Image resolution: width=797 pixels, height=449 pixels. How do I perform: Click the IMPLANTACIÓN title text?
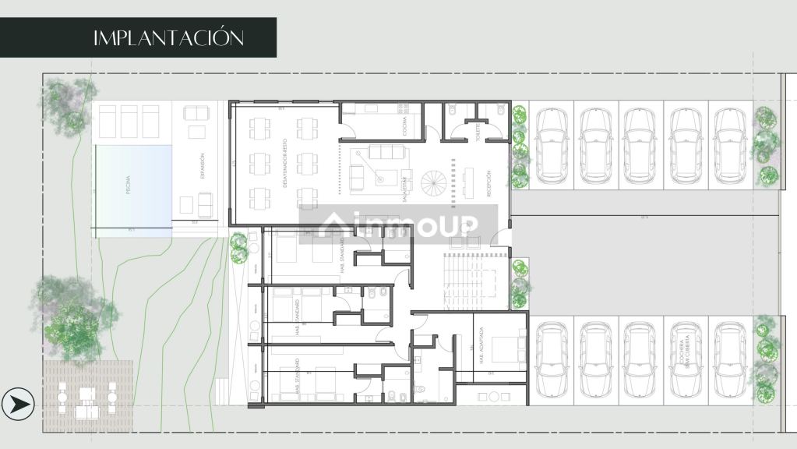click(168, 37)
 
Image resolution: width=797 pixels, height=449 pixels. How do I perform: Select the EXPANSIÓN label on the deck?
click(202, 165)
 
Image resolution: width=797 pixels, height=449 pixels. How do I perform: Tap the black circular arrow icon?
click(18, 404)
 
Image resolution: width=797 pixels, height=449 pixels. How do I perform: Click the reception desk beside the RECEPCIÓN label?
click(468, 184)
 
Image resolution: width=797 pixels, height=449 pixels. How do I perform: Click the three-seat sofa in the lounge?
click(381, 151)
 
